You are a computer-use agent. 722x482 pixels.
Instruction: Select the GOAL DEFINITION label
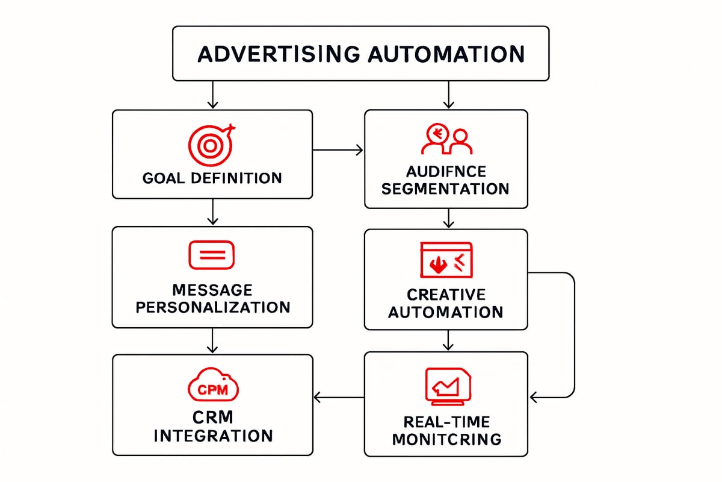click(x=212, y=178)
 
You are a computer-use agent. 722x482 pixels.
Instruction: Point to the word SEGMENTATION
click(x=446, y=189)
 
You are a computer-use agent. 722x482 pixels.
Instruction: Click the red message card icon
click(x=212, y=254)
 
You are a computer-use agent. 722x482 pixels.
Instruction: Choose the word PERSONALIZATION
click(x=212, y=307)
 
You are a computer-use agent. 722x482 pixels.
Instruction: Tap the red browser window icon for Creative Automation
click(x=446, y=260)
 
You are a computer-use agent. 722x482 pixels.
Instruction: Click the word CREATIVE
click(x=446, y=295)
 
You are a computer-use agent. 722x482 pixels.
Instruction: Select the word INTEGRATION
click(x=212, y=436)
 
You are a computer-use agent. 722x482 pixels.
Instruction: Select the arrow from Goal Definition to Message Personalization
click(x=212, y=212)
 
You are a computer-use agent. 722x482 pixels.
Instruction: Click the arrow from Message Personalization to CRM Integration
click(x=212, y=341)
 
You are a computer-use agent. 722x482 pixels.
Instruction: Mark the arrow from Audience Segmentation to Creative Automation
click(x=446, y=218)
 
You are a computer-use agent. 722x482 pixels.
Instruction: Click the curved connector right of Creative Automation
click(x=574, y=334)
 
